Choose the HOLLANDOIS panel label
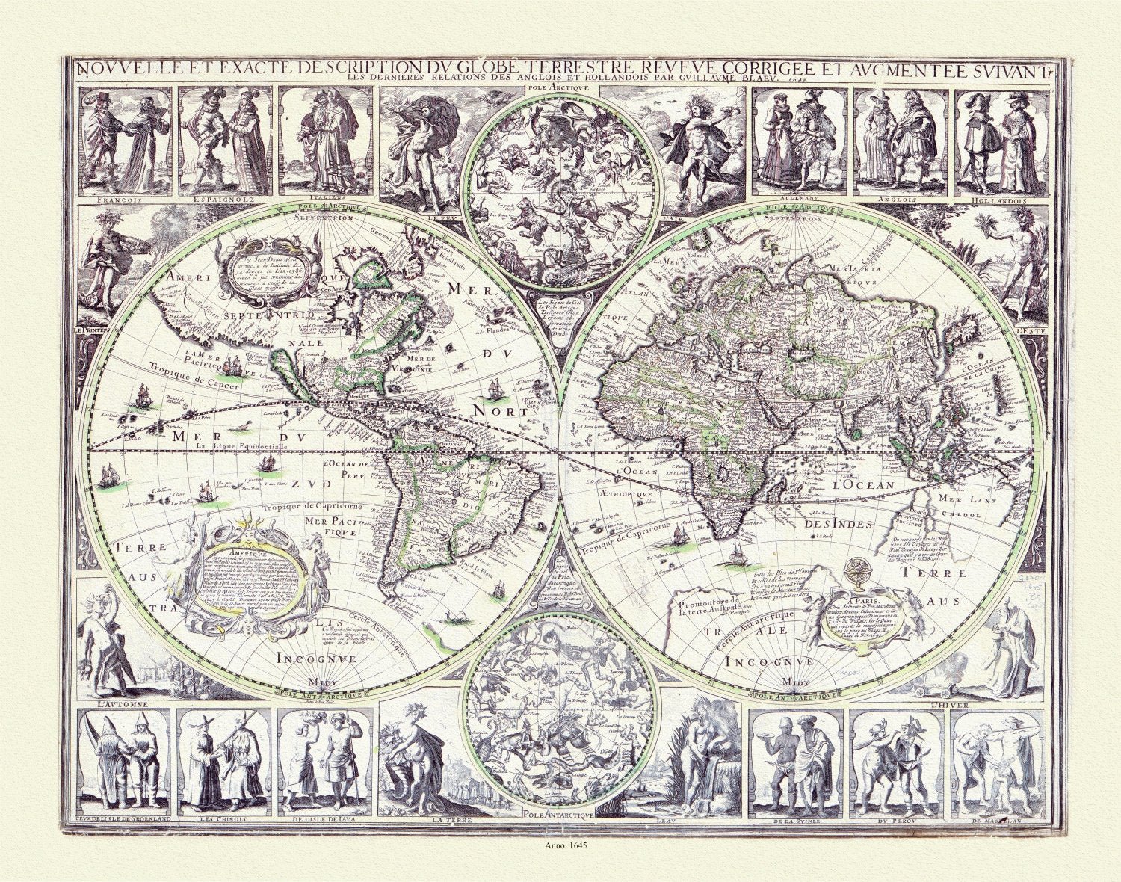pyautogui.click(x=998, y=201)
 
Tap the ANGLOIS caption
pyautogui.click(x=900, y=201)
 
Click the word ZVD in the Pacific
pyautogui.click(x=315, y=484)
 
